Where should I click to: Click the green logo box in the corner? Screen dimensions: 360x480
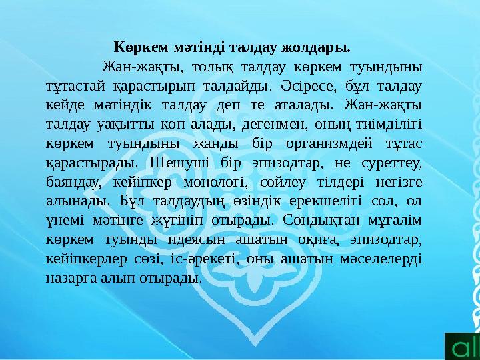tap(462, 343)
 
